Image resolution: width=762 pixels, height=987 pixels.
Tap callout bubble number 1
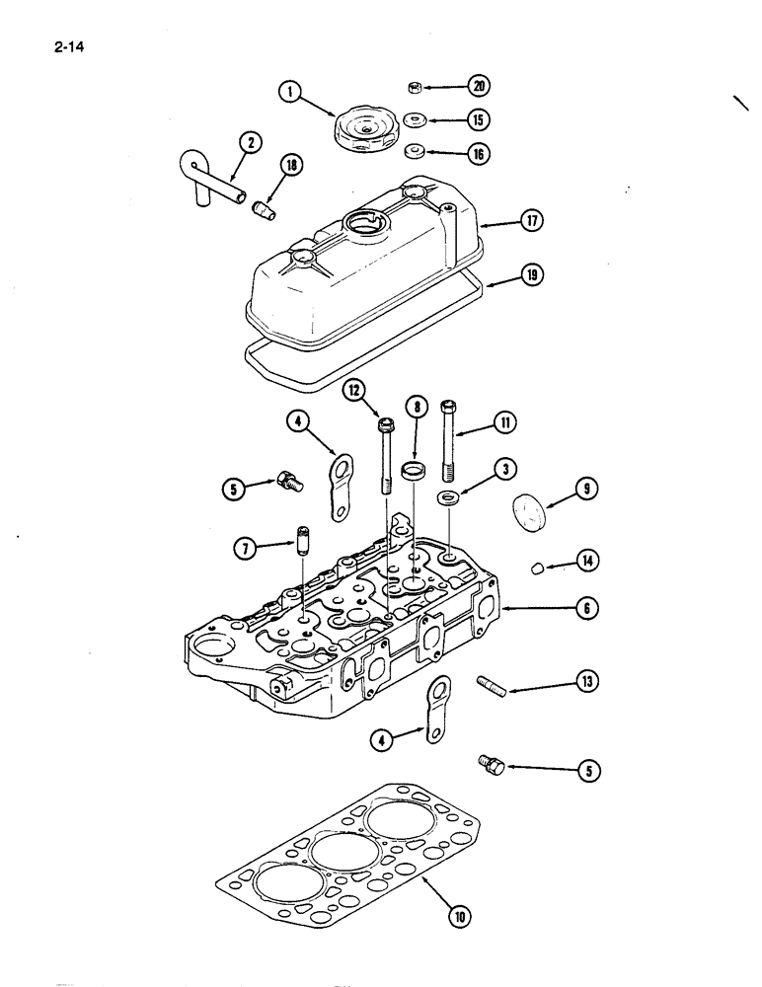click(288, 92)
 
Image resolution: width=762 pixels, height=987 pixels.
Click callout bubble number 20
click(478, 86)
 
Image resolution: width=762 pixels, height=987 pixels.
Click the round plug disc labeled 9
click(530, 513)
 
